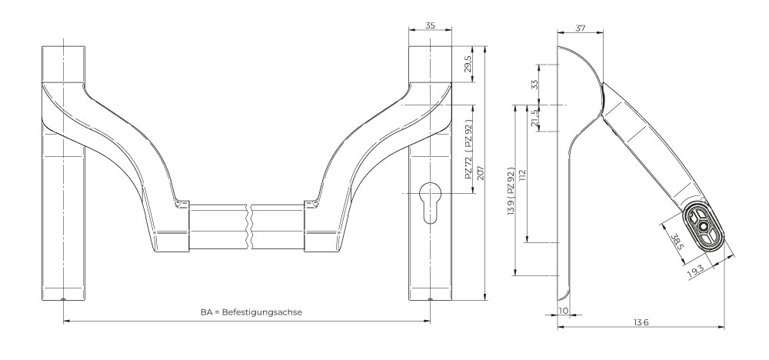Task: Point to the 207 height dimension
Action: (x=480, y=173)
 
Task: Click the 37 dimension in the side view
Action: (x=579, y=28)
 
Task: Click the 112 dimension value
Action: (x=523, y=175)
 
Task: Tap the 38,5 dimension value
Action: (x=674, y=242)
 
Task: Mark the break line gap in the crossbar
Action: (x=249, y=225)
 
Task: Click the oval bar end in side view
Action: (x=702, y=225)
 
